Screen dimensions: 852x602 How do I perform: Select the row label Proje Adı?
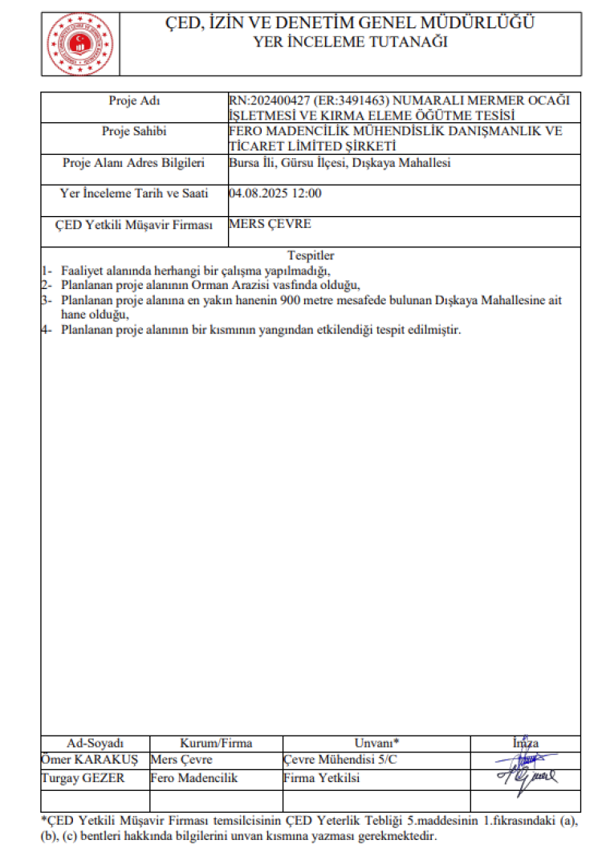(134, 100)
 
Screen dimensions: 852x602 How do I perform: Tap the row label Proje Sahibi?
(134, 131)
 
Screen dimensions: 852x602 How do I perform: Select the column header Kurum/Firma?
(216, 744)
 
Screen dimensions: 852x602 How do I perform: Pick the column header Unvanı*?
(376, 744)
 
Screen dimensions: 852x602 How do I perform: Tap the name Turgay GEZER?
(83, 778)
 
